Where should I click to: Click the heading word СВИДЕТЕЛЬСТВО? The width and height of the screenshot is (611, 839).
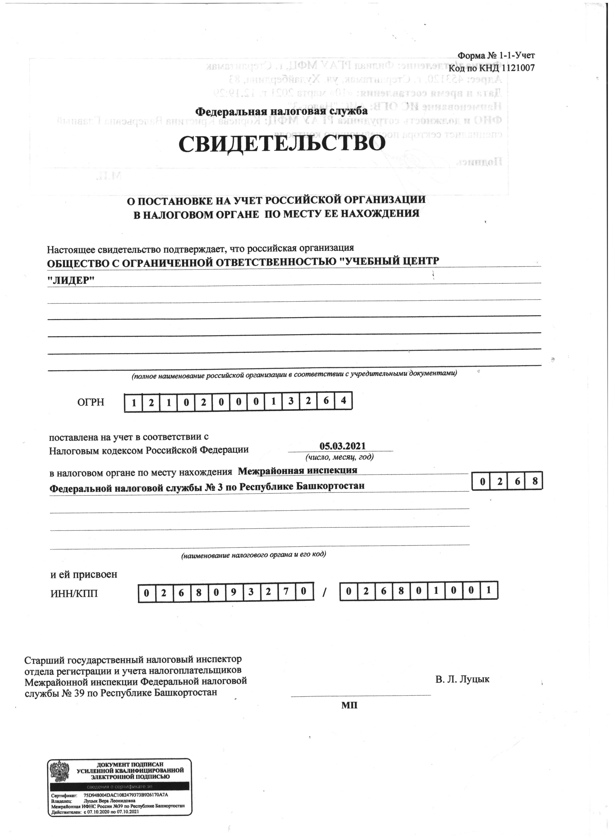[282, 144]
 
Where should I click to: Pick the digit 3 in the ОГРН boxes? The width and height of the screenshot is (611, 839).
[291, 401]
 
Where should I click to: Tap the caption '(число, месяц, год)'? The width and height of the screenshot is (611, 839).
[339, 457]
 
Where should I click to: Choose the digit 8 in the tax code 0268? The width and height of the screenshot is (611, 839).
[534, 482]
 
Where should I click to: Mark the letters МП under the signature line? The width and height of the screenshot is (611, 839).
[349, 706]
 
